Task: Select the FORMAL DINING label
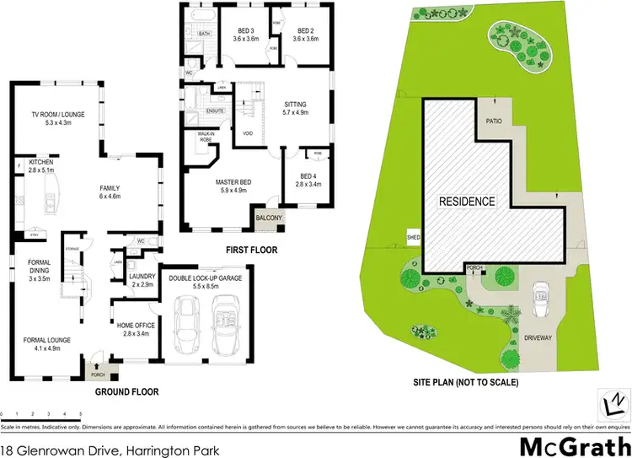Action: click(40, 267)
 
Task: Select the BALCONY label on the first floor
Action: click(270, 218)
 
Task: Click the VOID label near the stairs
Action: click(248, 132)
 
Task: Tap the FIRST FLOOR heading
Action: click(252, 250)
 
